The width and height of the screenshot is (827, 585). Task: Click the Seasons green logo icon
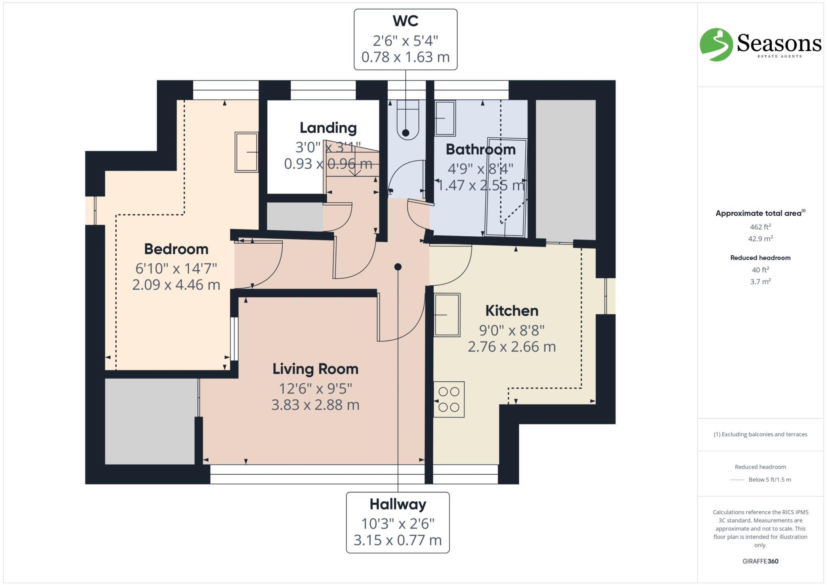coord(716,44)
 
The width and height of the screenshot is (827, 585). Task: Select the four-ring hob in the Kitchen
coord(449,399)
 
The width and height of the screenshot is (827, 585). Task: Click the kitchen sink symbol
coord(447,315)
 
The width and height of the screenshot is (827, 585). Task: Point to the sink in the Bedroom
coord(247,152)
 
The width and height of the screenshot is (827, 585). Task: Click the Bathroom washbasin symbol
coord(445,118)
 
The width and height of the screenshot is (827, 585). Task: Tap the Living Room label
coord(315,369)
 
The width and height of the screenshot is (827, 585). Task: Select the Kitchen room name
coord(512,311)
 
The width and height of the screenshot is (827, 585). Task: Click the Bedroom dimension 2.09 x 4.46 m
coord(176,285)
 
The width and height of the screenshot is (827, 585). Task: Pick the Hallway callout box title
coord(398,504)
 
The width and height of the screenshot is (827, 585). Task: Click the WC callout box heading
coord(405,21)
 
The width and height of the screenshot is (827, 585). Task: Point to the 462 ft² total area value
coord(760,227)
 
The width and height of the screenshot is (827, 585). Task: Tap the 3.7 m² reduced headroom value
coord(760,282)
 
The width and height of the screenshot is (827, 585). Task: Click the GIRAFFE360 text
coord(760,561)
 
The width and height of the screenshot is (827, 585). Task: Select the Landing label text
coord(328,128)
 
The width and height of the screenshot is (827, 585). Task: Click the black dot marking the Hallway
coord(398,267)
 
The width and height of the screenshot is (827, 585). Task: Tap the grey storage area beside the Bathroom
coord(565,170)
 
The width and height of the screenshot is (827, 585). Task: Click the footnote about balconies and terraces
coord(760,434)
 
